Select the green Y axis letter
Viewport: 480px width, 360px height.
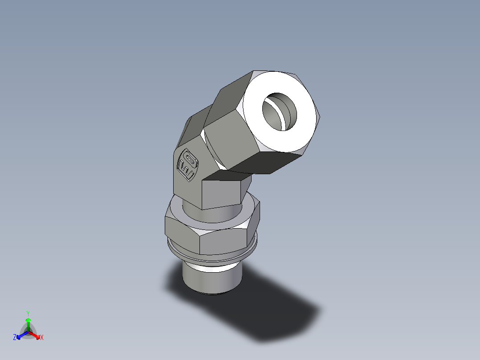pos(28,313)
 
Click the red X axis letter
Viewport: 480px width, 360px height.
pos(42,338)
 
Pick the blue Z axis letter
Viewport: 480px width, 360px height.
pos(15,338)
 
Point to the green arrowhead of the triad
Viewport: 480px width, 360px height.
pos(28,320)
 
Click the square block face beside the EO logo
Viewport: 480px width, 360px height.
pos(223,192)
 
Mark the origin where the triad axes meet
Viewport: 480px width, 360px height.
pos(28,332)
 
